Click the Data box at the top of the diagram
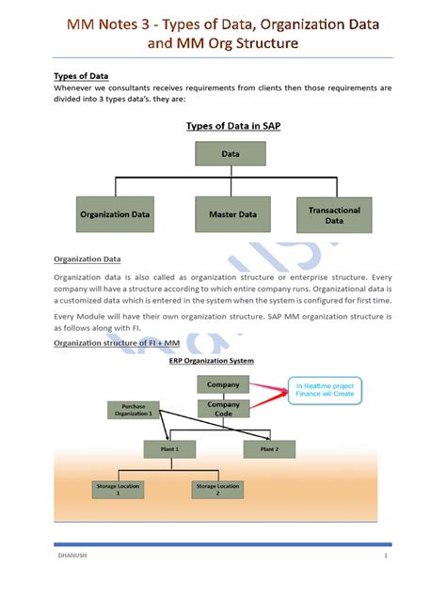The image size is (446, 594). tap(223, 152)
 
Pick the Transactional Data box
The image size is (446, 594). tap(334, 215)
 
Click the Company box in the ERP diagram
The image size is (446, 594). tap(223, 384)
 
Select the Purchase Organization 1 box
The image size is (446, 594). tap(133, 409)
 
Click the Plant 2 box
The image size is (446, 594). tap(269, 449)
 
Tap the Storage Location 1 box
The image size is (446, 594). tap(118, 489)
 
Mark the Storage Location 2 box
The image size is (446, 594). tap(217, 489)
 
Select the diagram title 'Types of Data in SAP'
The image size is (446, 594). tap(223, 124)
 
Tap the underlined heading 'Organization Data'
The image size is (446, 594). tap(87, 258)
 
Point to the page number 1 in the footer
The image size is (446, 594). tap(386, 557)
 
